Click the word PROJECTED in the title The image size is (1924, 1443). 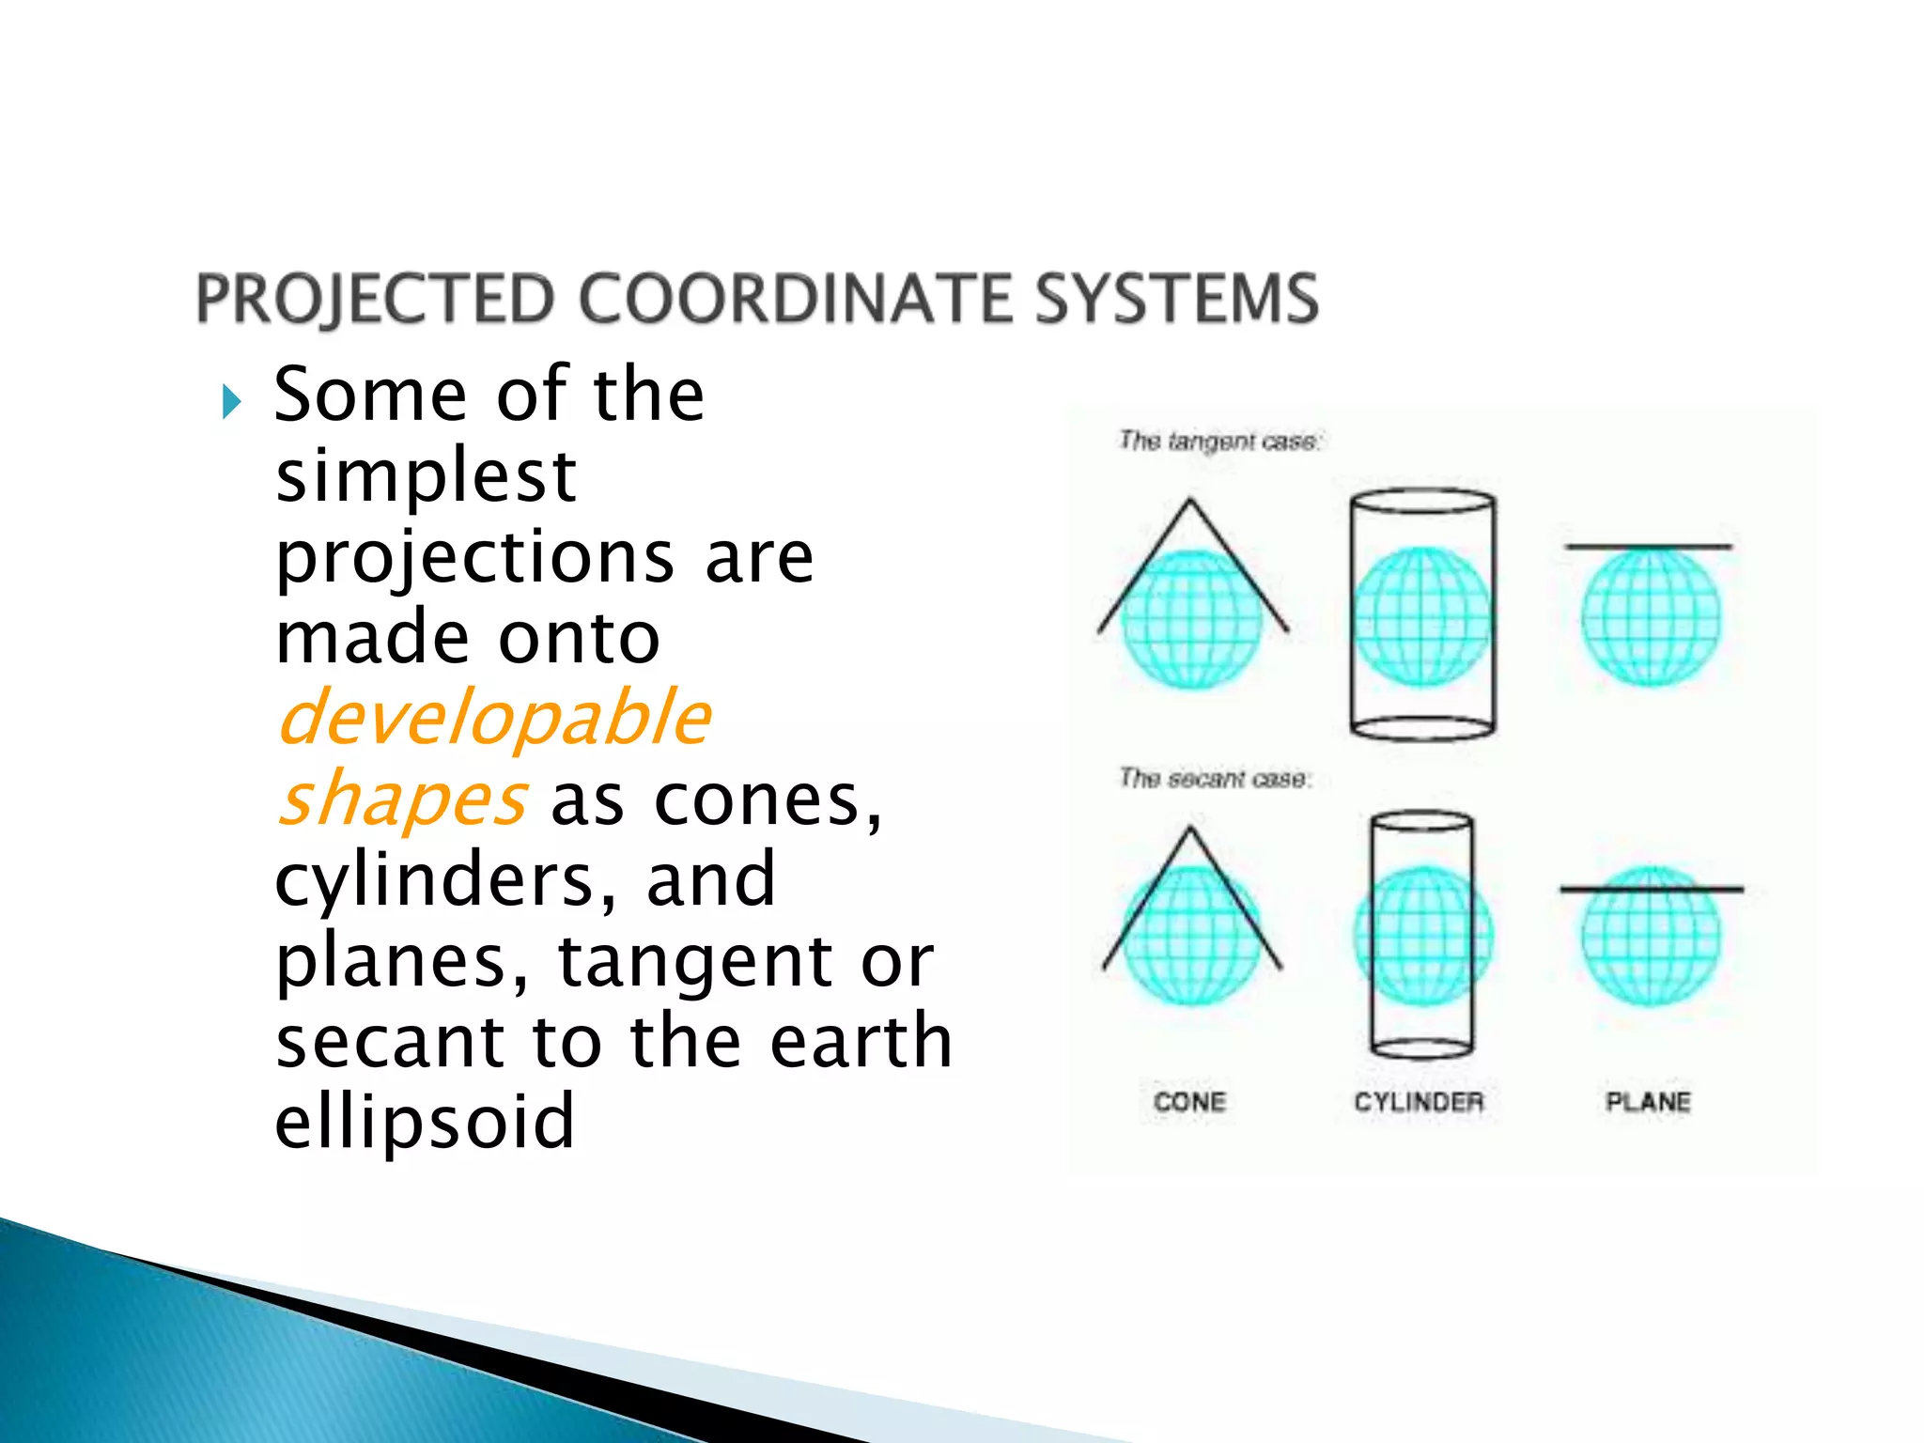[376, 299]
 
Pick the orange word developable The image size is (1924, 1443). [494, 719]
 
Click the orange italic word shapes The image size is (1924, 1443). [402, 799]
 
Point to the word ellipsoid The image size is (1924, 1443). [424, 1122]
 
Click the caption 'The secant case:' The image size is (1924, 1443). [1215, 778]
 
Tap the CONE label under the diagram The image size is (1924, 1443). [1189, 1102]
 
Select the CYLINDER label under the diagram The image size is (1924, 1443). [1419, 1102]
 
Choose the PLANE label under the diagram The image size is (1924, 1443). [1648, 1102]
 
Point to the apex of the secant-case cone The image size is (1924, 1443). [1190, 830]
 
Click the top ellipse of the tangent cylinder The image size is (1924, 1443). [1422, 501]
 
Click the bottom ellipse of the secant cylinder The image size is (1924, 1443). [1421, 1048]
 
